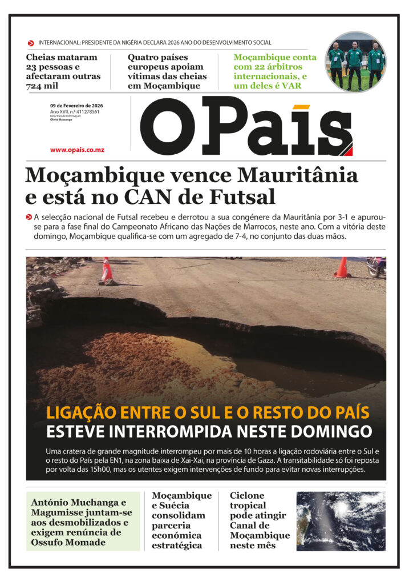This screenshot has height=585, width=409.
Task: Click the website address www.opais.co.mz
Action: click(x=77, y=150)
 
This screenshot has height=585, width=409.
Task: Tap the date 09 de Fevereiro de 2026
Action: click(x=76, y=106)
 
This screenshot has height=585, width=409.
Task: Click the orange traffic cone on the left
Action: click(x=107, y=270)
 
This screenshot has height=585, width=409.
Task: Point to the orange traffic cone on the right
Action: click(x=342, y=267)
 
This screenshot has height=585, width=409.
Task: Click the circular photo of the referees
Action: click(x=355, y=62)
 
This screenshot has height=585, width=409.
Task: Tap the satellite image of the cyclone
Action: click(x=341, y=520)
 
